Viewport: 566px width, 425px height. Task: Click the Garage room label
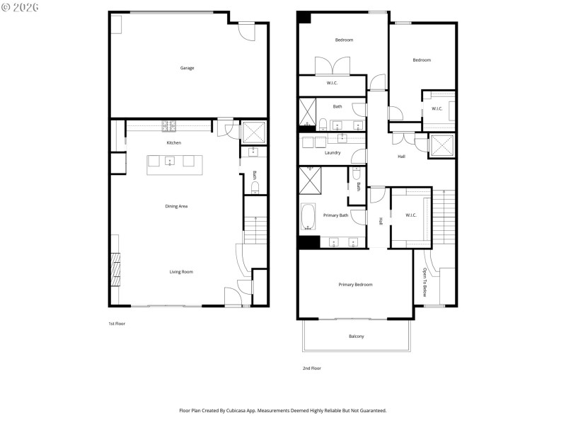187,68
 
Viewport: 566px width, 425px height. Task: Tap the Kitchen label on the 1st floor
173,143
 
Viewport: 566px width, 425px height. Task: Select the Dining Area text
176,206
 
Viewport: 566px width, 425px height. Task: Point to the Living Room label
181,271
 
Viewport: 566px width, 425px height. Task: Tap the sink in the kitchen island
170,161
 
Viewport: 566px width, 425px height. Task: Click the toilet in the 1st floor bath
255,188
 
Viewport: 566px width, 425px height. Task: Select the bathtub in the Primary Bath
309,217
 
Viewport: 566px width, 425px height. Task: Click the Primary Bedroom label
355,284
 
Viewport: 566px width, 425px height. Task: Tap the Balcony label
357,336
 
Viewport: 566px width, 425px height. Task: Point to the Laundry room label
333,152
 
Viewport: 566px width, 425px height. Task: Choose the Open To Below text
425,281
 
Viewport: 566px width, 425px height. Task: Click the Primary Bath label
335,215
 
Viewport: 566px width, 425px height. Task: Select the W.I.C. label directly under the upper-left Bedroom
332,84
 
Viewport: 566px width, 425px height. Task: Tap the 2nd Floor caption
311,368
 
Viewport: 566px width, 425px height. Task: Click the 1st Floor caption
117,323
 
